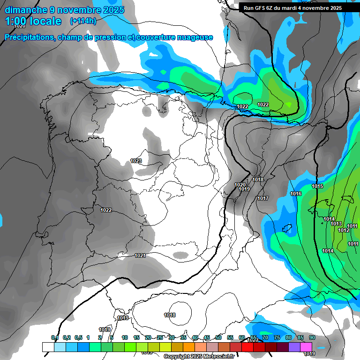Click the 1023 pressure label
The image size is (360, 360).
pos(136,161)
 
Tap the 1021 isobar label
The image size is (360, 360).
pos(140,255)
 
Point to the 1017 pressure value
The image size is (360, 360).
pos(262,199)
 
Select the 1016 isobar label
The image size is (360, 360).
pos(296,194)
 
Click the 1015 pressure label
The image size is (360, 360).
pos(317,187)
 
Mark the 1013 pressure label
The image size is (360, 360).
pos(336,224)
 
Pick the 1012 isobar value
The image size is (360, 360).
pos(344,230)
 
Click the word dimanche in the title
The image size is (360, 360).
pos(26,10)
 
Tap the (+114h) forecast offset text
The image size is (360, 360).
pos(83,21)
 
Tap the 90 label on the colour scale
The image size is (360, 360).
pos(312,337)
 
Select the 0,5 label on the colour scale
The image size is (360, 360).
pos(78,337)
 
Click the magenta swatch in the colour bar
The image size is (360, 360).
pos(306,347)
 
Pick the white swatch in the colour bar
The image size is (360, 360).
pos(48,347)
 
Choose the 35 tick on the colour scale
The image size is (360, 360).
pos(183,337)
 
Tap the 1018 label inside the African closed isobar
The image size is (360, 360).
pos(170,315)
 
